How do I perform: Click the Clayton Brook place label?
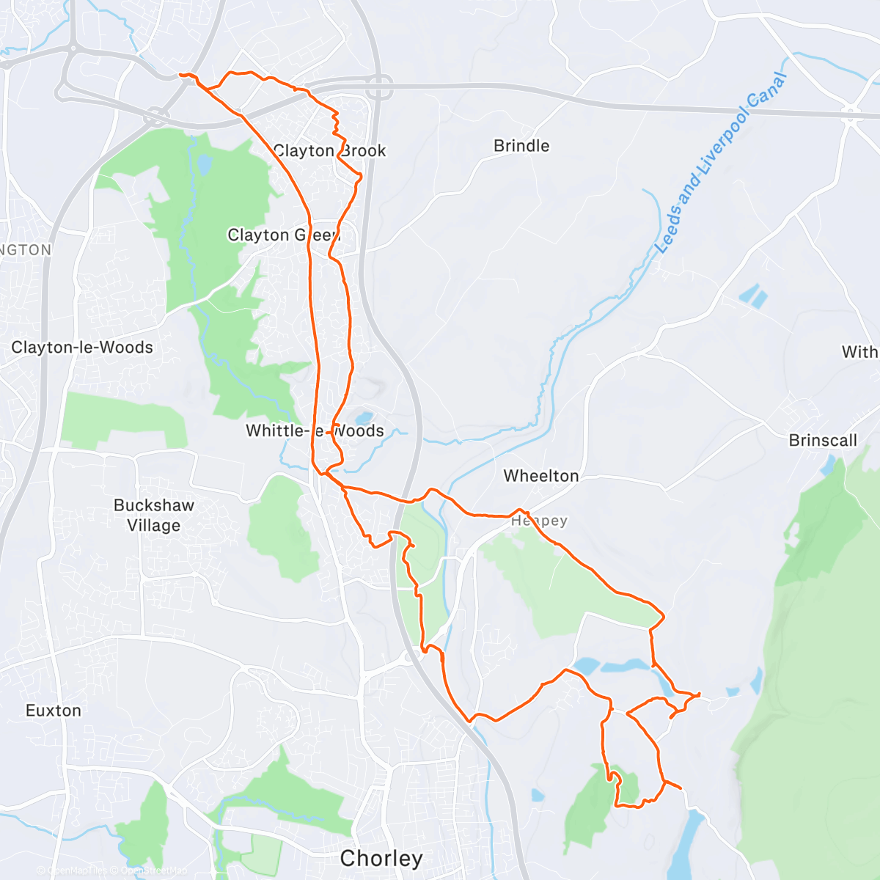(x=329, y=150)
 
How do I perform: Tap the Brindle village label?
(x=521, y=145)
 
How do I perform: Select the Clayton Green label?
(x=283, y=235)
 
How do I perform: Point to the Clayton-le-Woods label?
(x=82, y=347)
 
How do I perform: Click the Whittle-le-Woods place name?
(x=315, y=430)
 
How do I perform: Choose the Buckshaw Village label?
(x=154, y=515)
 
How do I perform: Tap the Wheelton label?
(x=541, y=476)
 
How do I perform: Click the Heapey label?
(x=540, y=520)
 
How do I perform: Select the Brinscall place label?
(x=823, y=440)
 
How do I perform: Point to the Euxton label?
(x=54, y=710)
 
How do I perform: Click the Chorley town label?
(x=381, y=858)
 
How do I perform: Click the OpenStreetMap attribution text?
(x=153, y=870)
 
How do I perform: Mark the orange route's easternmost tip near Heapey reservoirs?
(x=700, y=693)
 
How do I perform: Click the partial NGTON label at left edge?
(x=26, y=249)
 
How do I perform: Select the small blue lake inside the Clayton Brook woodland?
(x=204, y=163)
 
